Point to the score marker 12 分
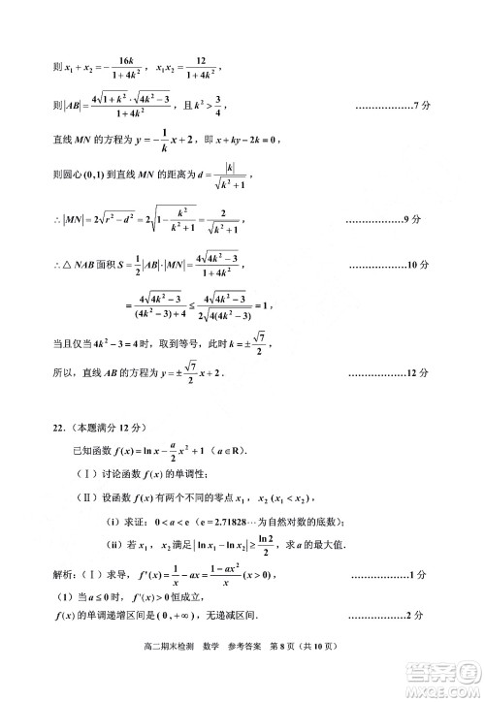(x=414, y=372)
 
